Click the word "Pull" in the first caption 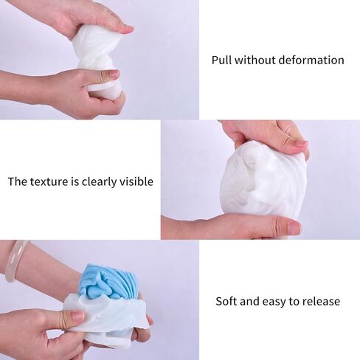(221, 60)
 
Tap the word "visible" (136, 181)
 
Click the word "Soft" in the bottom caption (226, 301)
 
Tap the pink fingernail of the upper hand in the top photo (127, 29)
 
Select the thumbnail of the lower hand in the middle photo (294, 228)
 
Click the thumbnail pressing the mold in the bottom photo (77, 315)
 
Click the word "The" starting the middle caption (18, 181)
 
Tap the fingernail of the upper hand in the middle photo (300, 144)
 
